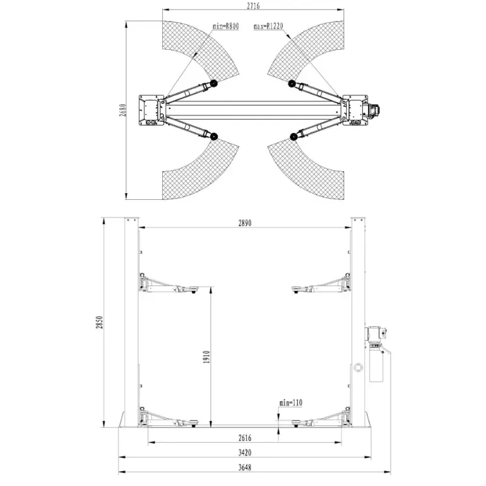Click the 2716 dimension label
[253, 5]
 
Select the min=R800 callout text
[225, 26]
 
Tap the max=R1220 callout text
[269, 26]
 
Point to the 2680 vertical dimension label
[123, 110]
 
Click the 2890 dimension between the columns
[245, 223]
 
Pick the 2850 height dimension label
[99, 323]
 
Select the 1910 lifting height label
[207, 357]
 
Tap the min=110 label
[290, 403]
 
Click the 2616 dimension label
[245, 438]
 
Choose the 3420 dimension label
[245, 453]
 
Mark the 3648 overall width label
[245, 467]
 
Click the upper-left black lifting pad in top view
[213, 83]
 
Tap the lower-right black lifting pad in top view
[293, 137]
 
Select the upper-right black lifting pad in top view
[292, 84]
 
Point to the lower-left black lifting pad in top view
[214, 136]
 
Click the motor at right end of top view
[374, 110]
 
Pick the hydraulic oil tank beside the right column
[377, 363]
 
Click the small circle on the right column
[358, 368]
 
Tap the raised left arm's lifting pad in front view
[193, 289]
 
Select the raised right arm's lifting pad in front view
[298, 289]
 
